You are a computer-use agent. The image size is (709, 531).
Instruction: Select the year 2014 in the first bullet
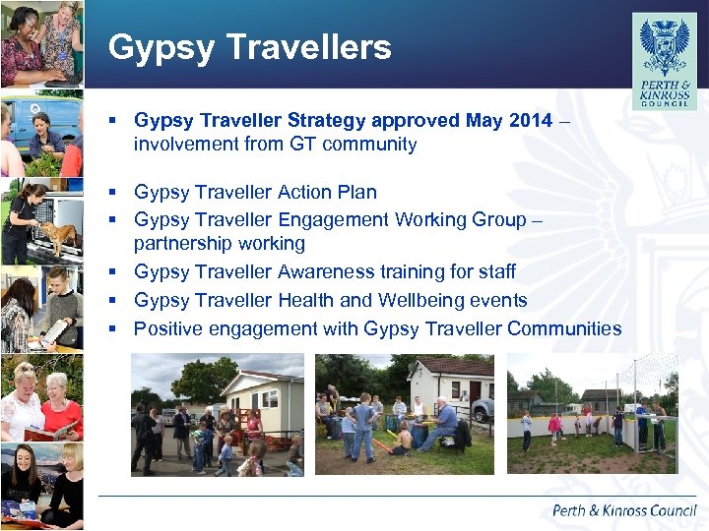[531, 121]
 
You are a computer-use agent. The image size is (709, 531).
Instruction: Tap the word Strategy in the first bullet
[328, 121]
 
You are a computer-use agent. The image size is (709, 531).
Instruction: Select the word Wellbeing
[480, 300]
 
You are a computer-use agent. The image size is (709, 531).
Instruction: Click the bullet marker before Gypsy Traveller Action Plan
[115, 192]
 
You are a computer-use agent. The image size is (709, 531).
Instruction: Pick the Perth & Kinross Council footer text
[623, 510]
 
